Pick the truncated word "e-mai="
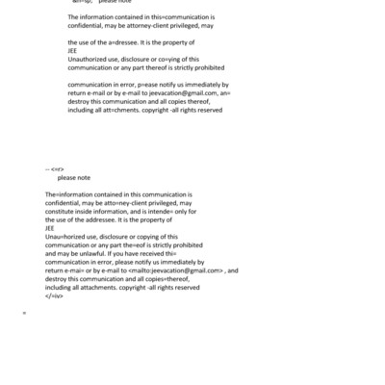tap(77, 270)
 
